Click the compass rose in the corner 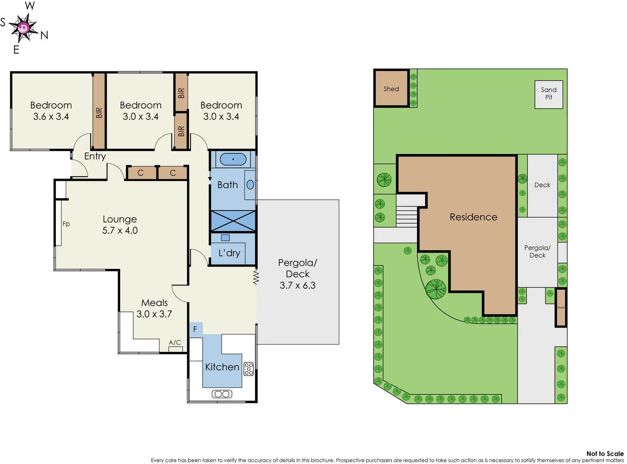tap(24, 28)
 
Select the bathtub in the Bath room tap(233, 159)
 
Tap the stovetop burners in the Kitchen tap(249, 369)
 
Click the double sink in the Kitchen tap(222, 394)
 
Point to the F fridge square tap(195, 329)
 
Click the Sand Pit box tap(548, 94)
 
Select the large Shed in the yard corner tap(391, 89)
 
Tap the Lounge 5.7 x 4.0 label tap(120, 225)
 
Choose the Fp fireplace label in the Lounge tap(66, 223)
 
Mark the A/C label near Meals tap(175, 342)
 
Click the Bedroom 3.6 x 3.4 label tap(51, 111)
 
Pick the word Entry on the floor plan tap(95, 156)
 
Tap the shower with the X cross tap(233, 221)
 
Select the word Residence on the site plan tap(473, 217)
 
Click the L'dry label tap(229, 253)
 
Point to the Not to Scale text tap(605, 453)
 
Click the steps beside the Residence tap(406, 217)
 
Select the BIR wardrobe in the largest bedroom tap(99, 112)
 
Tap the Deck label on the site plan tap(542, 185)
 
